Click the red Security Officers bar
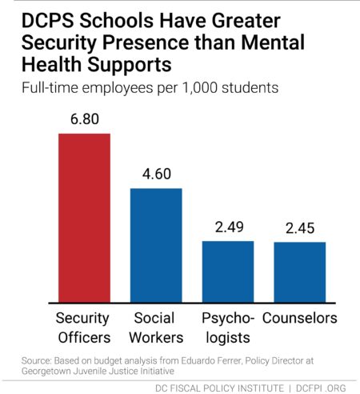click(x=84, y=218)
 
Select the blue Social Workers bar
click(x=156, y=246)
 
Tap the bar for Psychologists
click(x=228, y=271)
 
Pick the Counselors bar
click(x=300, y=272)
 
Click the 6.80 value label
click(x=85, y=119)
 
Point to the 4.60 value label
click(x=157, y=174)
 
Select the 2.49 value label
click(x=229, y=227)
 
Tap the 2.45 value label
click(x=300, y=228)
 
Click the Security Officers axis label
click(x=83, y=328)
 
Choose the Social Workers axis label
click(x=156, y=328)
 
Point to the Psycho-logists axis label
click(x=228, y=328)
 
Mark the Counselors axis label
click(x=300, y=318)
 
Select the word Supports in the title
click(x=130, y=66)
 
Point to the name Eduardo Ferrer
click(x=211, y=361)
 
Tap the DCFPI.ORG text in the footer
click(x=321, y=388)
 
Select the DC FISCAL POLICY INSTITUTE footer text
click(x=219, y=388)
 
